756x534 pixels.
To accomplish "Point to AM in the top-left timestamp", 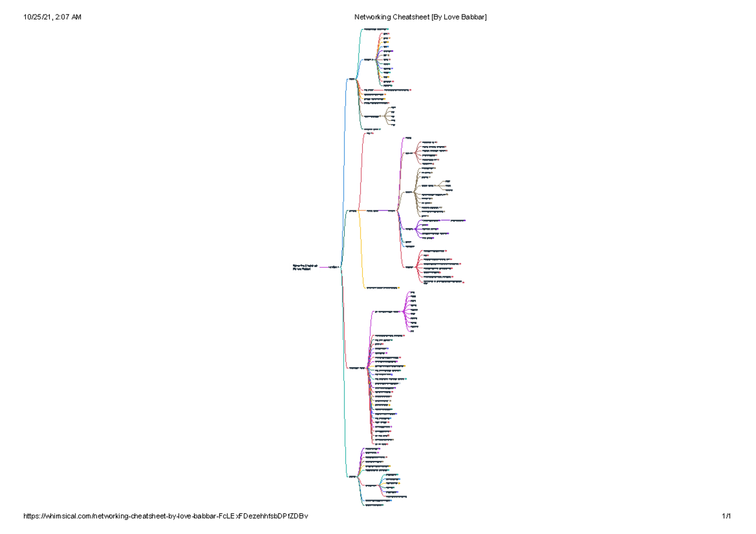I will (x=76, y=17).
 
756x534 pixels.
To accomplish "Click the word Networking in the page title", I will (x=372, y=17).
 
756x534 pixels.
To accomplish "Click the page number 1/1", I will (x=726, y=516).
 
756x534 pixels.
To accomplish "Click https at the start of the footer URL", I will (x=32, y=516).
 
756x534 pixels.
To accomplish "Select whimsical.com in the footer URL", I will (x=70, y=516).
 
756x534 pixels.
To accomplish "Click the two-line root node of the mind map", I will (x=306, y=268).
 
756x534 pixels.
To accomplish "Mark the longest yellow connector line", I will (x=362, y=252).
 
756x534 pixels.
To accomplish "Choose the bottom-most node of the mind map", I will (x=374, y=506).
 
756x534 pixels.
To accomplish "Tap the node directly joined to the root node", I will (x=335, y=268).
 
